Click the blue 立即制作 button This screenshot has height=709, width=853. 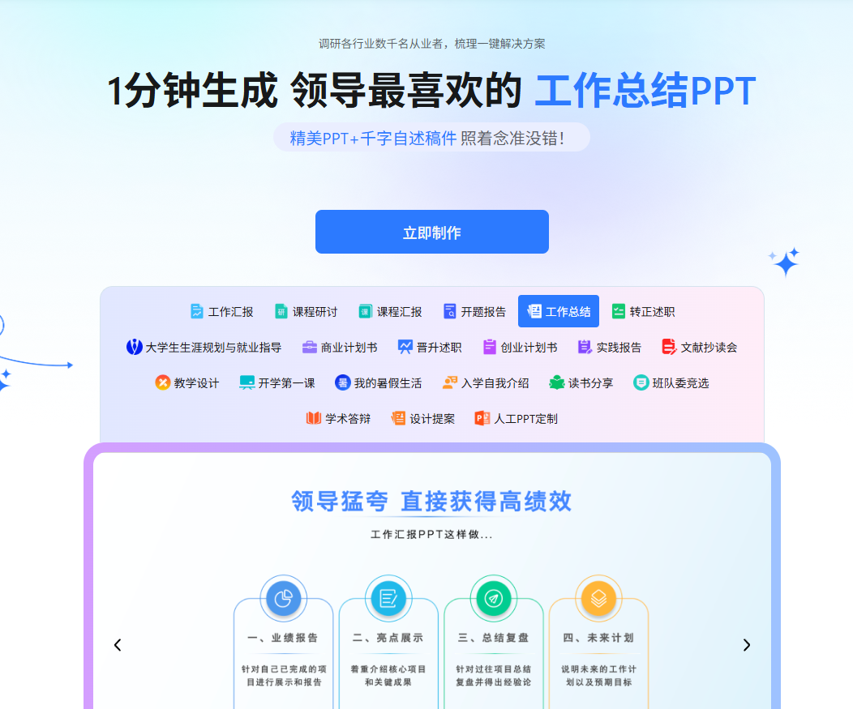coord(431,233)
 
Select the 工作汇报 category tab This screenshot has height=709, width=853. coord(221,312)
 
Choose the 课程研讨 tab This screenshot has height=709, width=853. coord(306,312)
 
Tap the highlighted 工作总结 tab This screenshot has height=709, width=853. coord(558,312)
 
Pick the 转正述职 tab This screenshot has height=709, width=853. coord(643,312)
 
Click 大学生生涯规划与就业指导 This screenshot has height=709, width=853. coord(204,348)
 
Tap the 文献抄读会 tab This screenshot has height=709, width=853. coord(699,348)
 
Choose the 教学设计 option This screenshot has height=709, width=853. coord(187,383)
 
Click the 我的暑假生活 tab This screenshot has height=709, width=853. coord(378,383)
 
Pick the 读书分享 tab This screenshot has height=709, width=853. coord(581,383)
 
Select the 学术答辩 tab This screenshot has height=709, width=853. coord(338,419)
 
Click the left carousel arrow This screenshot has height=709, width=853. coord(118,645)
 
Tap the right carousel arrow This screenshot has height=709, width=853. coord(747,645)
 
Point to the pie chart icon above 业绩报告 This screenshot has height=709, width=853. coord(283,599)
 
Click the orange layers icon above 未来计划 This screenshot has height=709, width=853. coord(598,599)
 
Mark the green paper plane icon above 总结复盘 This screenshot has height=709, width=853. coord(493,599)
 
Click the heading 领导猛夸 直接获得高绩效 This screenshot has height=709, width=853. coord(431,502)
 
